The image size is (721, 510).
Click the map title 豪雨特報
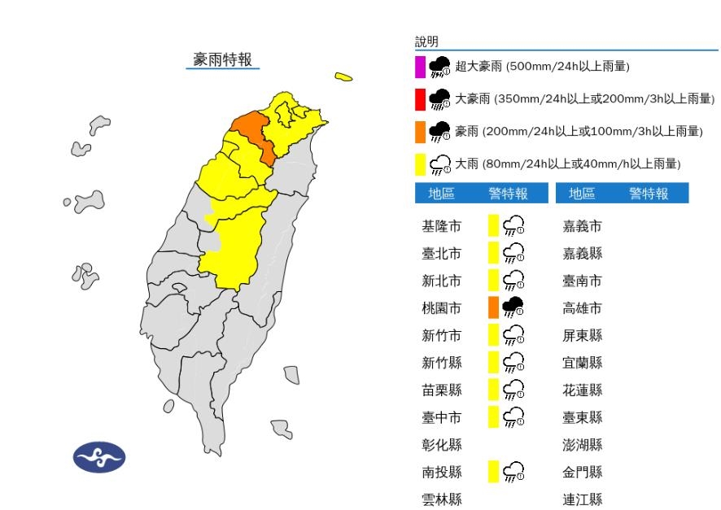coord(222,59)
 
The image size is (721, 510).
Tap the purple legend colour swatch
coord(420,66)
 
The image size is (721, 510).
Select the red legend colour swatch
coord(420,98)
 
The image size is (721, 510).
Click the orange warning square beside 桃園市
coord(493,307)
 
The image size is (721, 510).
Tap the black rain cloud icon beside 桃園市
coord(513,307)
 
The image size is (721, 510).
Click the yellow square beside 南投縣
coord(493,472)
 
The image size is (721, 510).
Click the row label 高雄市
coord(583,307)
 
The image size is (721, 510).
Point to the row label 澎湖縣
coord(583,445)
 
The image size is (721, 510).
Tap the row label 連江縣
coord(583,499)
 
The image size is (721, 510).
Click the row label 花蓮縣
coord(583,390)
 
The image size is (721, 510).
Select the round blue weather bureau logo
coord(100,457)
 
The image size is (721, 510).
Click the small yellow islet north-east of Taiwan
coord(343,77)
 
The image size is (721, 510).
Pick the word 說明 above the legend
coord(426,41)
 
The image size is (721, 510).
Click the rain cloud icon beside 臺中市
coord(513,417)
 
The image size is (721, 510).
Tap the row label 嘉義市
coord(583,226)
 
